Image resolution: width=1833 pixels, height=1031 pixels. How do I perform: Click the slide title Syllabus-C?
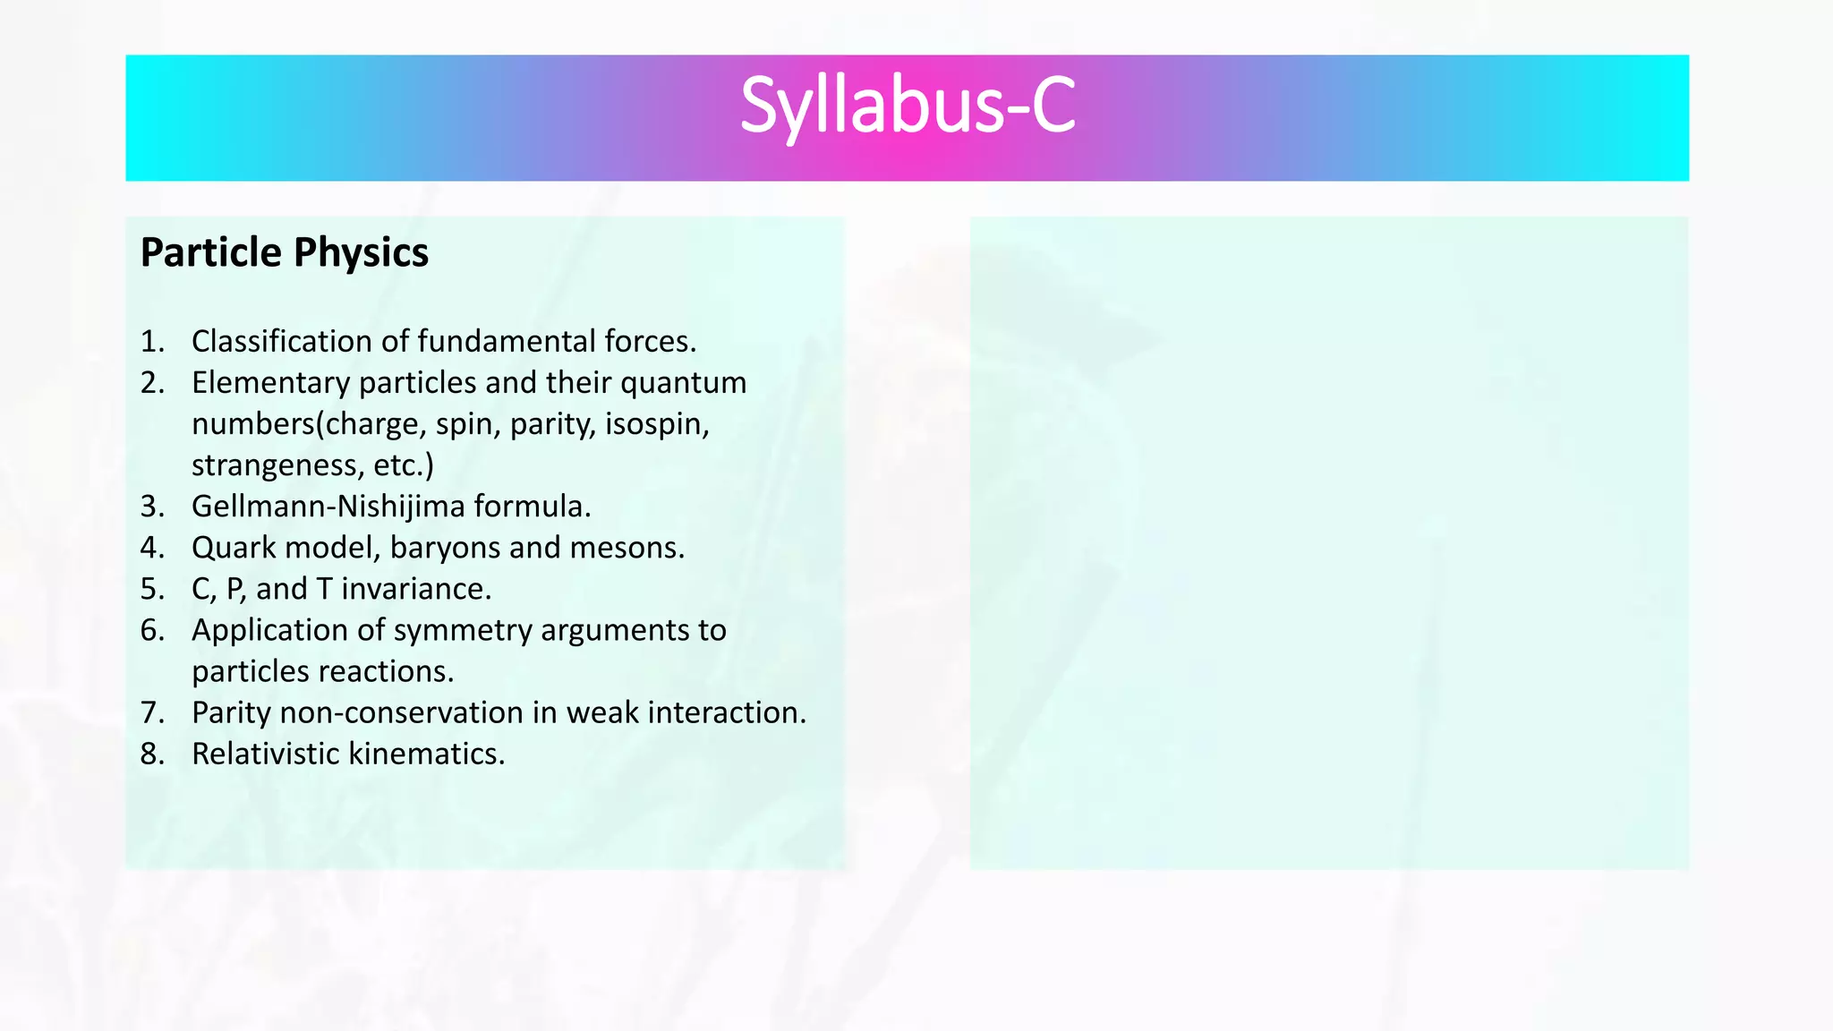click(907, 107)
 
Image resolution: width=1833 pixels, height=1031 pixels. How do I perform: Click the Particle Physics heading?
click(285, 252)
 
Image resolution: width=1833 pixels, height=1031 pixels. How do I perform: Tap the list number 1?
click(151, 342)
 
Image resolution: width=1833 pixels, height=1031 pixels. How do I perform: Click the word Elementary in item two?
click(271, 383)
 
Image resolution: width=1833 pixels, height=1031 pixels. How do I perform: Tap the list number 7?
click(151, 713)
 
